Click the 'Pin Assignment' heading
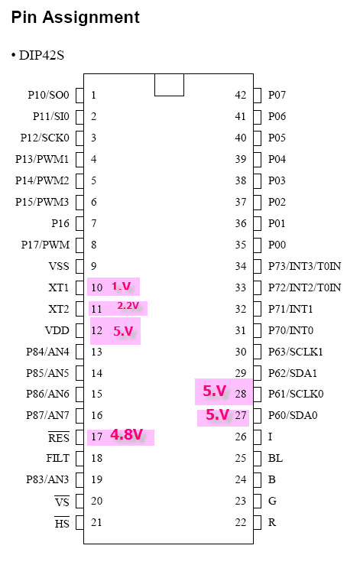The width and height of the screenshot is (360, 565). pyautogui.click(x=76, y=18)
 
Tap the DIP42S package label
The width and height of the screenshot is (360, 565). pyautogui.click(x=41, y=56)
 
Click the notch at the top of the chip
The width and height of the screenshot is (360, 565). pyautogui.click(x=170, y=85)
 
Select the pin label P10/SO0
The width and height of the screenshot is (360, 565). pyautogui.click(x=49, y=95)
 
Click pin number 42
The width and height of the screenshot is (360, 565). pyautogui.click(x=241, y=95)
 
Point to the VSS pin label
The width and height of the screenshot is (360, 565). pyautogui.click(x=59, y=266)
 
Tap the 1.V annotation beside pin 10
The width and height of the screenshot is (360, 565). pyautogui.click(x=121, y=286)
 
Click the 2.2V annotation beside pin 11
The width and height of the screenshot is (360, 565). pyautogui.click(x=128, y=306)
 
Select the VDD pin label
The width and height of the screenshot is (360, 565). pyautogui.click(x=57, y=330)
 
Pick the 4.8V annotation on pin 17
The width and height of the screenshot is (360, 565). pyautogui.click(x=126, y=435)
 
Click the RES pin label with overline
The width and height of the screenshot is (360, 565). pyautogui.click(x=59, y=437)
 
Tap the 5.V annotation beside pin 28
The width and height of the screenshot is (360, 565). pyautogui.click(x=215, y=391)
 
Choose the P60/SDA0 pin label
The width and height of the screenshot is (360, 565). pyautogui.click(x=293, y=415)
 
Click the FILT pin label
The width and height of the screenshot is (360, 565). pyautogui.click(x=57, y=458)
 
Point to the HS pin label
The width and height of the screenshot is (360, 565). pyautogui.click(x=62, y=523)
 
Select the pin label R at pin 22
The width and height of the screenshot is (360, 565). pyautogui.click(x=272, y=522)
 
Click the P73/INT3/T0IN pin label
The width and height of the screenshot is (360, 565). pyautogui.click(x=304, y=266)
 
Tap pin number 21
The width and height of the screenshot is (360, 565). pyautogui.click(x=96, y=522)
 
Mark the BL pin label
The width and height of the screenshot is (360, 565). pyautogui.click(x=275, y=458)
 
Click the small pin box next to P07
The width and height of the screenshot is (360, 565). pyautogui.click(x=258, y=96)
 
